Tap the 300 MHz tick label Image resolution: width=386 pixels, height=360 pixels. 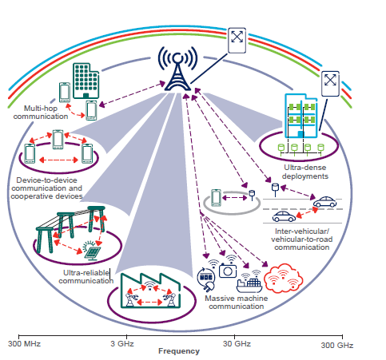(26, 344)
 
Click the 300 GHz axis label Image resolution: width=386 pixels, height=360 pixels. (336, 344)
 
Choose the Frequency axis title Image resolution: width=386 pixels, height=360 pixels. (179, 352)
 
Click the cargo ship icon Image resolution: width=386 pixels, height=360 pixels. (254, 280)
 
